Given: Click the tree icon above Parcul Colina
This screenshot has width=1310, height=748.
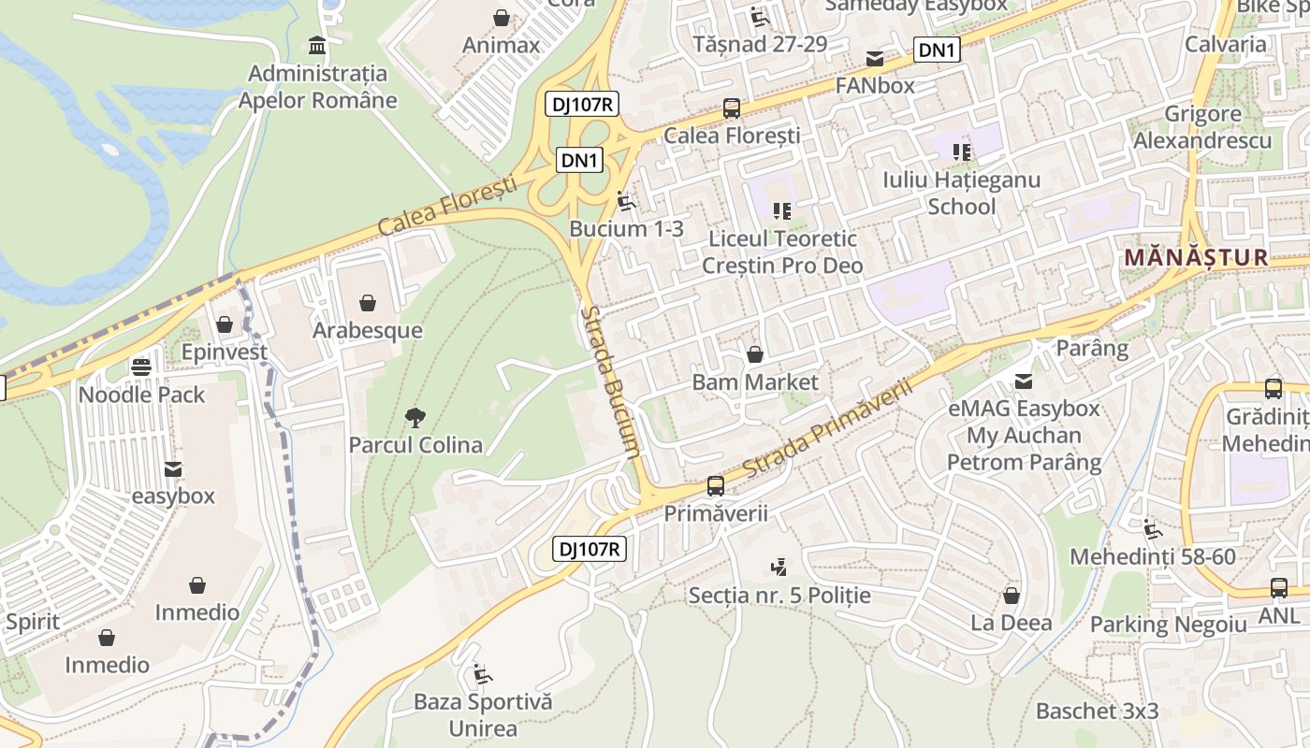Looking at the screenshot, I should pyautogui.click(x=415, y=418).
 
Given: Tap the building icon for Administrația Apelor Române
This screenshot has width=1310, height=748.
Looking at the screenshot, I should pyautogui.click(x=317, y=45).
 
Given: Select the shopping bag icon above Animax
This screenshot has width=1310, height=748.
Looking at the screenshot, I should pyautogui.click(x=502, y=18).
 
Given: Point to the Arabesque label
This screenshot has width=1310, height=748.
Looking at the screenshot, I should pyautogui.click(x=368, y=330).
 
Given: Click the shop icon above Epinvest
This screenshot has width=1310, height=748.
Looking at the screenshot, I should pyautogui.click(x=224, y=324).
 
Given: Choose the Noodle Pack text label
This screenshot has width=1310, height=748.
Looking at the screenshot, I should pyautogui.click(x=141, y=395).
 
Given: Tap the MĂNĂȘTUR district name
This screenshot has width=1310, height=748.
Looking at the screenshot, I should pyautogui.click(x=1196, y=257).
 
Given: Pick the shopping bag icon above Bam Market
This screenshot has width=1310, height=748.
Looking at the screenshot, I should pyautogui.click(x=755, y=354).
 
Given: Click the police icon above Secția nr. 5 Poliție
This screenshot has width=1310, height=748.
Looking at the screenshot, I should pyautogui.click(x=779, y=567).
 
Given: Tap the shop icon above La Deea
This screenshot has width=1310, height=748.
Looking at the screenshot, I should pyautogui.click(x=1011, y=596).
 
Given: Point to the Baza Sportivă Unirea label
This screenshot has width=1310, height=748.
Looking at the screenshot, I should pyautogui.click(x=483, y=714).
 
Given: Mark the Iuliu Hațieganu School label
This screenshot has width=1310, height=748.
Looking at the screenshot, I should pyautogui.click(x=961, y=192).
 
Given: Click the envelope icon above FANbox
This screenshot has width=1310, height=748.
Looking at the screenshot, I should pyautogui.click(x=875, y=58).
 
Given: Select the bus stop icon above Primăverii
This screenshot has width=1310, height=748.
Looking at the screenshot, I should pyautogui.click(x=716, y=485).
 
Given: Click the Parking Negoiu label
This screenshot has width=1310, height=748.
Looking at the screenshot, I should pyautogui.click(x=1169, y=624).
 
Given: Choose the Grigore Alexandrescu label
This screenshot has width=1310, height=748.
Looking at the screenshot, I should pyautogui.click(x=1202, y=127).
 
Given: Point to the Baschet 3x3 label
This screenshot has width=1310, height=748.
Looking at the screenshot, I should pyautogui.click(x=1097, y=711).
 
